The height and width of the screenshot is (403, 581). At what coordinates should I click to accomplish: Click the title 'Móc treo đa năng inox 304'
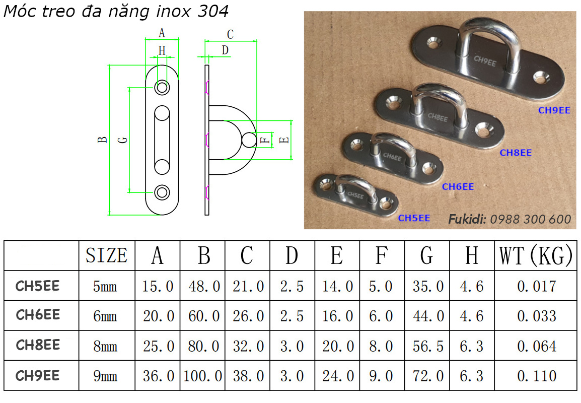pyautogui.click(x=116, y=12)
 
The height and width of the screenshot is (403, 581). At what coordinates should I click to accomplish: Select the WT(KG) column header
pyautogui.click(x=536, y=256)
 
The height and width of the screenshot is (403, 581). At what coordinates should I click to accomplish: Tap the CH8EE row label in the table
pyautogui.click(x=38, y=345)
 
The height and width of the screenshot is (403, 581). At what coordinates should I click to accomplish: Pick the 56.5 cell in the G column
pyautogui.click(x=428, y=346)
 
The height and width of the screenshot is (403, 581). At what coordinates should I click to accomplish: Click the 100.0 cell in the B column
pyautogui.click(x=203, y=376)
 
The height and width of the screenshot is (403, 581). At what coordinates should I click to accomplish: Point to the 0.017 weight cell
pyautogui.click(x=536, y=286)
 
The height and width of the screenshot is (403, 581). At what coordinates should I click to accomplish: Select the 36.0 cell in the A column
pyautogui.click(x=158, y=376)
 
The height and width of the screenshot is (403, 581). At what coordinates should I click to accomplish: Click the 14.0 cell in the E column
pyautogui.click(x=337, y=286)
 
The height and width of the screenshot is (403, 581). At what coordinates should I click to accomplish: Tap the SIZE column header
pyautogui.click(x=106, y=256)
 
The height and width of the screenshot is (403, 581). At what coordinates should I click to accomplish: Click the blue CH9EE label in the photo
pyautogui.click(x=554, y=110)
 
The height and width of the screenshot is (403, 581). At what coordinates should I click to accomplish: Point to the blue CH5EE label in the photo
pyautogui.click(x=414, y=218)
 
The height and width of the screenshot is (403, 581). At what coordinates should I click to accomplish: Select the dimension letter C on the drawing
pyautogui.click(x=230, y=35)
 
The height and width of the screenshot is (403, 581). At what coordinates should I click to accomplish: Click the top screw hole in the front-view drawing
pyautogui.click(x=162, y=88)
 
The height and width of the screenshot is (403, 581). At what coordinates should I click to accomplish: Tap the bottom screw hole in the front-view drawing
pyautogui.click(x=162, y=192)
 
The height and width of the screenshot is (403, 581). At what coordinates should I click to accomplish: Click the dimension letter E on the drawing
pyautogui.click(x=285, y=140)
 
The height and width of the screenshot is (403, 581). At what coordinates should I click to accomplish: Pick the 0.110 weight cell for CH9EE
pyautogui.click(x=536, y=376)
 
